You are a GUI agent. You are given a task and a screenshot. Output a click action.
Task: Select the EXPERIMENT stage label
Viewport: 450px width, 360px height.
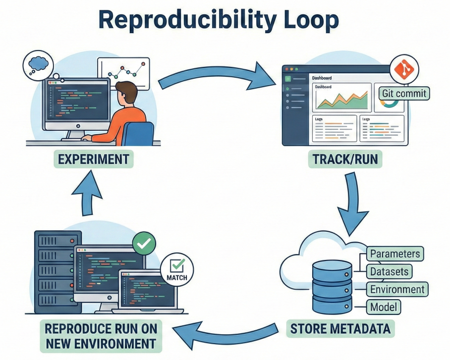(94, 159)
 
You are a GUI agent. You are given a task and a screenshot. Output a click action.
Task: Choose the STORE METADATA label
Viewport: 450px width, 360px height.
(339, 328)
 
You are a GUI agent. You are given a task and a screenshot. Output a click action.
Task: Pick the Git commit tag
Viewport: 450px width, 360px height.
(404, 93)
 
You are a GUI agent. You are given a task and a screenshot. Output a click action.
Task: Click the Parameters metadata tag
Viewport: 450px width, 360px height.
(395, 254)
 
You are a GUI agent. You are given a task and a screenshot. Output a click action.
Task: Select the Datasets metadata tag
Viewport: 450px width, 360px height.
(389, 271)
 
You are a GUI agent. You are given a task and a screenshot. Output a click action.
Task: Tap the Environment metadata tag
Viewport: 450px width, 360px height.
(397, 289)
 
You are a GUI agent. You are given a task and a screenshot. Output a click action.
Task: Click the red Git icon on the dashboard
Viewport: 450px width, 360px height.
(404, 70)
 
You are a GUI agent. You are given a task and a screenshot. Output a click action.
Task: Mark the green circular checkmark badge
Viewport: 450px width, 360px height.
(144, 244)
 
